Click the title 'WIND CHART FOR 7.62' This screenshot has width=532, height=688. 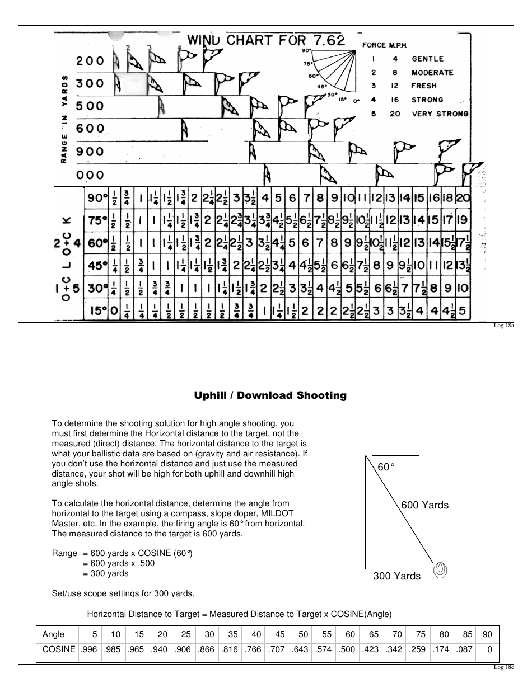(x=265, y=40)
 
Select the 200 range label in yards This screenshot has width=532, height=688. (x=90, y=61)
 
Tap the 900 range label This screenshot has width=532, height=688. (x=90, y=152)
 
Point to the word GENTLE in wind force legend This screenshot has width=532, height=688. (x=427, y=59)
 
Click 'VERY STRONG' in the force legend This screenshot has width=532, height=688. (x=440, y=114)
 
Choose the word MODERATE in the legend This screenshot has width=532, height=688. (x=432, y=73)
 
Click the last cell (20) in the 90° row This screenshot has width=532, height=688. (x=463, y=198)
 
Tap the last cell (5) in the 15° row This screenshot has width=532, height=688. (x=463, y=310)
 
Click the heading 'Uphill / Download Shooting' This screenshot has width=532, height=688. (x=270, y=395)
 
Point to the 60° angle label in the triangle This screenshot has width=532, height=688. (x=386, y=467)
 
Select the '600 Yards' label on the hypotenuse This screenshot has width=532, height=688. (x=424, y=505)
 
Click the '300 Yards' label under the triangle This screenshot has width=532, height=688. (x=396, y=576)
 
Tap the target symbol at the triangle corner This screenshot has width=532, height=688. (x=441, y=570)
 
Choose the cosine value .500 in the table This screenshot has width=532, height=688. (x=347, y=649)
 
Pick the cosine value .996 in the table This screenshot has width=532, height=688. (x=88, y=649)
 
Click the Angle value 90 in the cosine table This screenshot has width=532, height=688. (x=487, y=634)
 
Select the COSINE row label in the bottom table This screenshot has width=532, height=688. (x=59, y=649)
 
